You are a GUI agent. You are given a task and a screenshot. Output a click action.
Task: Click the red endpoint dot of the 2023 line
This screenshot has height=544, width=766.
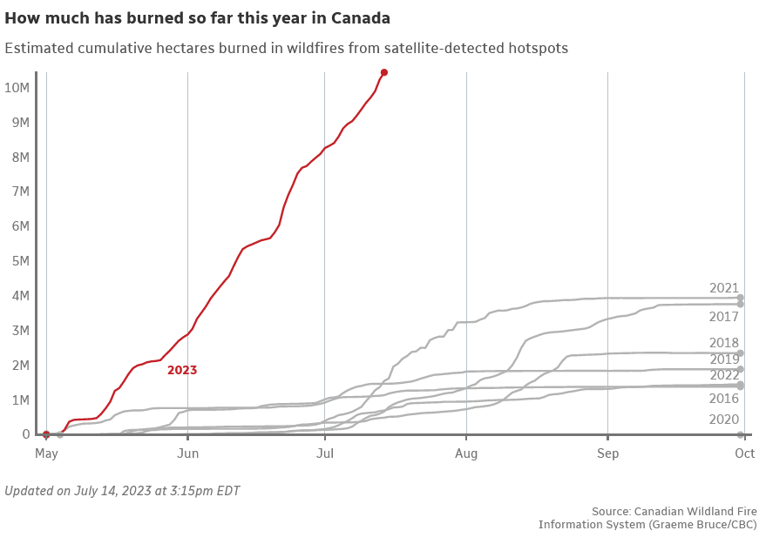click(x=384, y=72)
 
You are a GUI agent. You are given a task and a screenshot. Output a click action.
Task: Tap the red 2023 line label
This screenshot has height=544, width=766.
click(x=182, y=370)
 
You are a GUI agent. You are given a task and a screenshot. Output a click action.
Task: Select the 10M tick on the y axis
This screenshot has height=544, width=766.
click(x=18, y=87)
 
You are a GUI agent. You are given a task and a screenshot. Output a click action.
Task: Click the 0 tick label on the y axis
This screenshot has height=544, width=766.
click(x=25, y=434)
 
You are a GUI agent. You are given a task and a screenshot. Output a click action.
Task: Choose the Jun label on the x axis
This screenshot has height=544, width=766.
click(x=187, y=453)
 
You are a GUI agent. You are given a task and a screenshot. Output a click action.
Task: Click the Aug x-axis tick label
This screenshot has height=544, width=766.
click(x=466, y=453)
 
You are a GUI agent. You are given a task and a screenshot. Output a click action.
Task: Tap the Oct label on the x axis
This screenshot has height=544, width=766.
click(x=744, y=453)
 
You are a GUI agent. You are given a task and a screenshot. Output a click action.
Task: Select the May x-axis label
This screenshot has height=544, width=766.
click(x=46, y=453)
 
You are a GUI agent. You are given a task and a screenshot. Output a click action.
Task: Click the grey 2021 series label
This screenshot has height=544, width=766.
click(x=724, y=288)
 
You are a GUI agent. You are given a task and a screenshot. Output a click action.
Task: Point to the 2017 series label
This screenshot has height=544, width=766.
click(x=724, y=317)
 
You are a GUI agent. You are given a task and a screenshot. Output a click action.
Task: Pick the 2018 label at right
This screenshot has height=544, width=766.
click(x=724, y=343)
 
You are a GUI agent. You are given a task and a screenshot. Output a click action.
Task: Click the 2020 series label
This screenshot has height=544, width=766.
click(x=724, y=419)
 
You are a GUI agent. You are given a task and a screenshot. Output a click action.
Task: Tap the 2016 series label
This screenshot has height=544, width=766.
click(x=724, y=398)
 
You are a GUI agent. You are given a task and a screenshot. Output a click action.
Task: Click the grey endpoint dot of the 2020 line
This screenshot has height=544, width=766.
click(x=741, y=434)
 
